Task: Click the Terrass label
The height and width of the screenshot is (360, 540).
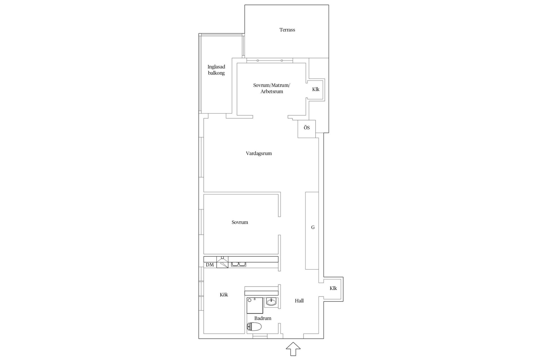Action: point(287,30)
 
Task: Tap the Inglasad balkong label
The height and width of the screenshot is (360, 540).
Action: point(216,70)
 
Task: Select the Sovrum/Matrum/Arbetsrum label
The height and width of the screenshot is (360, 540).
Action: point(272,88)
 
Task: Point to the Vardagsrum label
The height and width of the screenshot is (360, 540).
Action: point(259,154)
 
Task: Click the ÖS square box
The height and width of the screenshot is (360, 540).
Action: point(307,129)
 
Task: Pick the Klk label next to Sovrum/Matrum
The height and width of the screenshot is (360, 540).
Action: point(316,89)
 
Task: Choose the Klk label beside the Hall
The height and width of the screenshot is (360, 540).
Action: point(333,288)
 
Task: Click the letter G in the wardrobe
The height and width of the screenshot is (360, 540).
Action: point(313,227)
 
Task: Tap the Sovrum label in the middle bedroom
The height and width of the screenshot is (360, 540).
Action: point(240,222)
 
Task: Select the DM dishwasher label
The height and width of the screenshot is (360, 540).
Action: point(210,265)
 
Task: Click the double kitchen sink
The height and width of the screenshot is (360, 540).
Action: point(238,264)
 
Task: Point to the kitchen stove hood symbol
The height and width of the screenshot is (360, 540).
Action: point(222,262)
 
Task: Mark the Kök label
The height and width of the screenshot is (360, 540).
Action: point(224,295)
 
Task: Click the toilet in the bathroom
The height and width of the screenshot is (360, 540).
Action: point(254,327)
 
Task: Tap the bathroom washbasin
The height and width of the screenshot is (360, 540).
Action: point(271,302)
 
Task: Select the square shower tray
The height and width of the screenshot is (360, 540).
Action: point(255,305)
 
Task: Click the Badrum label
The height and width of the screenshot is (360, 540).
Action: point(263,318)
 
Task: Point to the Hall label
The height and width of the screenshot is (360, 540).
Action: point(299,301)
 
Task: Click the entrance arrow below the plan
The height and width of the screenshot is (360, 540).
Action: point(293,349)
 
